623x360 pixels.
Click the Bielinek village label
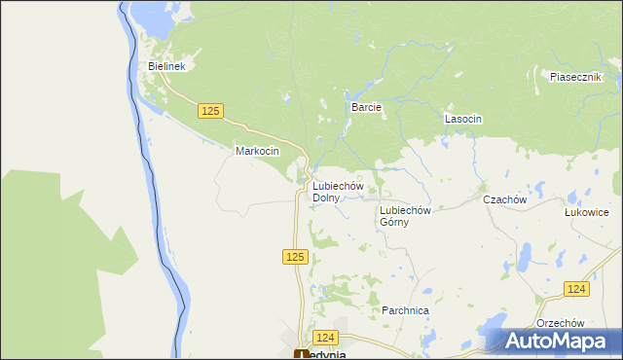tap(166, 66)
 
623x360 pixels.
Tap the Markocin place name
tap(258, 152)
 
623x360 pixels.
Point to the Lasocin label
tap(463, 119)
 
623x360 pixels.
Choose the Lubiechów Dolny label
tap(337, 192)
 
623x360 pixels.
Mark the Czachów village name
tap(505, 199)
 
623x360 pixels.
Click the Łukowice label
tap(586, 212)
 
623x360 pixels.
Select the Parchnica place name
tap(406, 310)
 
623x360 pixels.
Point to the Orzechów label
tap(560, 323)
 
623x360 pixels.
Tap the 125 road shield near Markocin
tap(210, 112)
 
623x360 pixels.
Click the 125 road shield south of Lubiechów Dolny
tap(297, 257)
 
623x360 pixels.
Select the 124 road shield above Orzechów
tap(576, 290)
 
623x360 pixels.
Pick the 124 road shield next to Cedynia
tap(325, 337)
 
